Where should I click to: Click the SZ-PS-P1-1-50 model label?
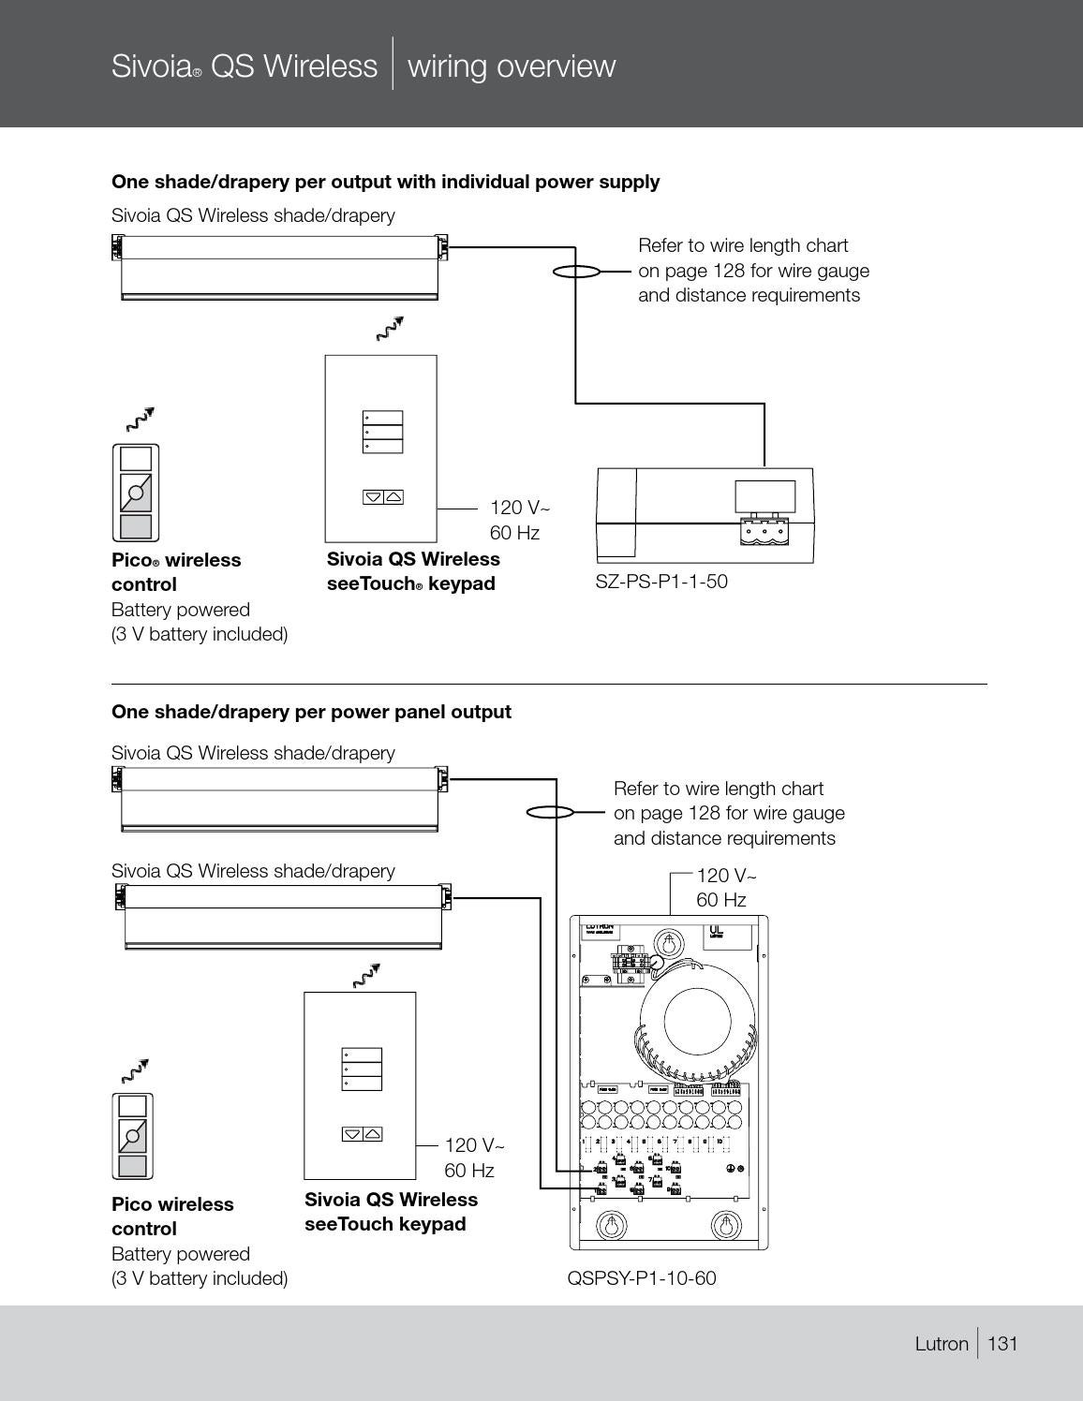pos(661,582)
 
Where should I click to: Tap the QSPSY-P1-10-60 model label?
pos(642,1278)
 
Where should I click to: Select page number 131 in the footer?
pos(1002,1344)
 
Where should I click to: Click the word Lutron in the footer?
pos(942,1344)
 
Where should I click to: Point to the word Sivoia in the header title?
pos(150,66)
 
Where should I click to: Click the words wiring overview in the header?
pos(512,66)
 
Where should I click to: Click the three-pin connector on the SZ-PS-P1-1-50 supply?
pos(764,530)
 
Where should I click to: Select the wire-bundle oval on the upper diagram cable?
pos(575,272)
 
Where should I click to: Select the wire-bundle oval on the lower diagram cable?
pos(550,812)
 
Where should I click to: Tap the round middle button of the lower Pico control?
pos(132,1136)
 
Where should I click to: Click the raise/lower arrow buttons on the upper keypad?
pos(382,496)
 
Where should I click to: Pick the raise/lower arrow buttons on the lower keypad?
pos(362,1134)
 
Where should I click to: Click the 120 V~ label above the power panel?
pos(726,876)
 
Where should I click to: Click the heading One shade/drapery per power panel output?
pos(311,712)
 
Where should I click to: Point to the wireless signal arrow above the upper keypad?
pos(389,329)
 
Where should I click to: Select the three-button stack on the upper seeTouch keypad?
pos(382,433)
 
